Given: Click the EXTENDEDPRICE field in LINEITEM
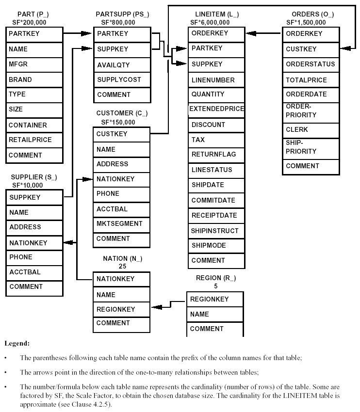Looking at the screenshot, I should coord(216,109).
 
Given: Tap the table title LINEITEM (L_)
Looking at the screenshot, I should coord(217,15).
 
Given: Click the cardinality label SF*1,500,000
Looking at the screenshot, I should coord(306,22).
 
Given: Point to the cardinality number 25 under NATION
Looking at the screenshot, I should coord(122,266).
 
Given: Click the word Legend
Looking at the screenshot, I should coord(17,343).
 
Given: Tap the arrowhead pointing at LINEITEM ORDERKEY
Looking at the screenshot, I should coord(251,33).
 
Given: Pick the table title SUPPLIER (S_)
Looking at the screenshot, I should coord(34,177).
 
